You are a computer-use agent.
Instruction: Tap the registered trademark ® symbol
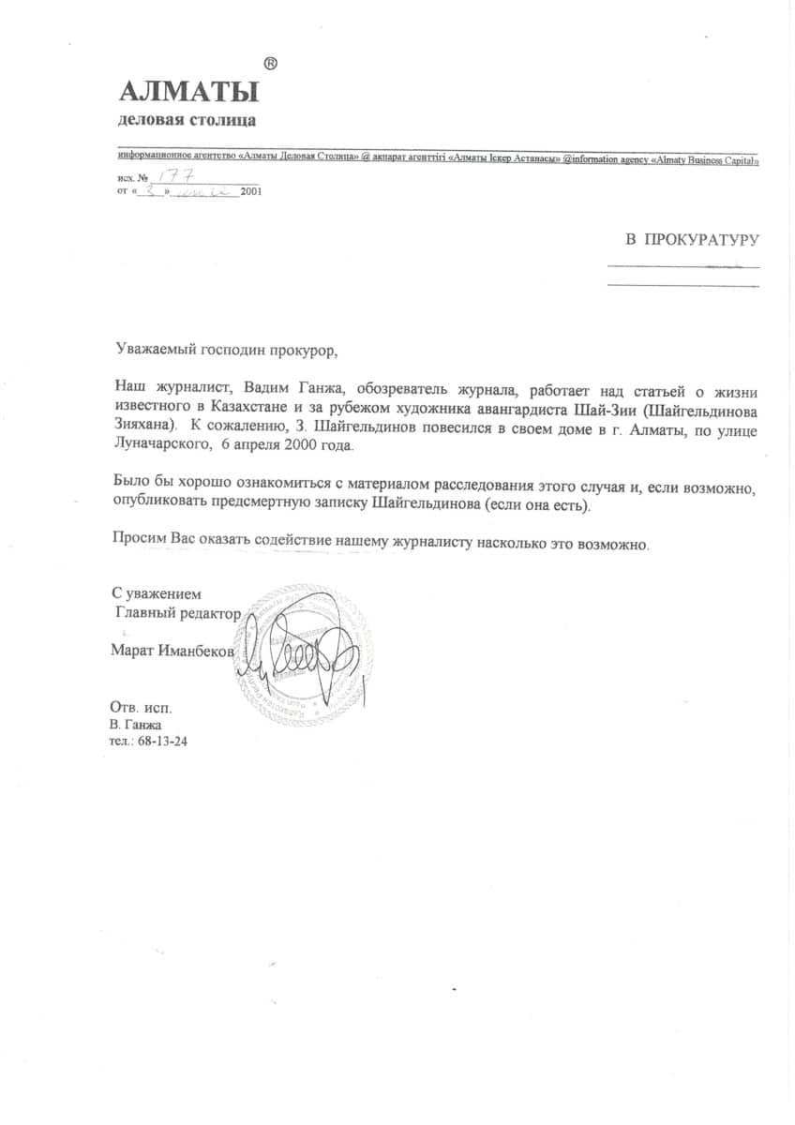[270, 64]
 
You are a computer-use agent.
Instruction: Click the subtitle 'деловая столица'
[187, 121]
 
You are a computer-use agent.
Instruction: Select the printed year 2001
[251, 190]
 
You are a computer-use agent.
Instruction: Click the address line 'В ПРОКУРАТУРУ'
[692, 240]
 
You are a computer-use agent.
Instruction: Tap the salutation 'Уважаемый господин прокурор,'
[223, 352]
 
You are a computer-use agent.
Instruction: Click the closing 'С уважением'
[157, 593]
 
